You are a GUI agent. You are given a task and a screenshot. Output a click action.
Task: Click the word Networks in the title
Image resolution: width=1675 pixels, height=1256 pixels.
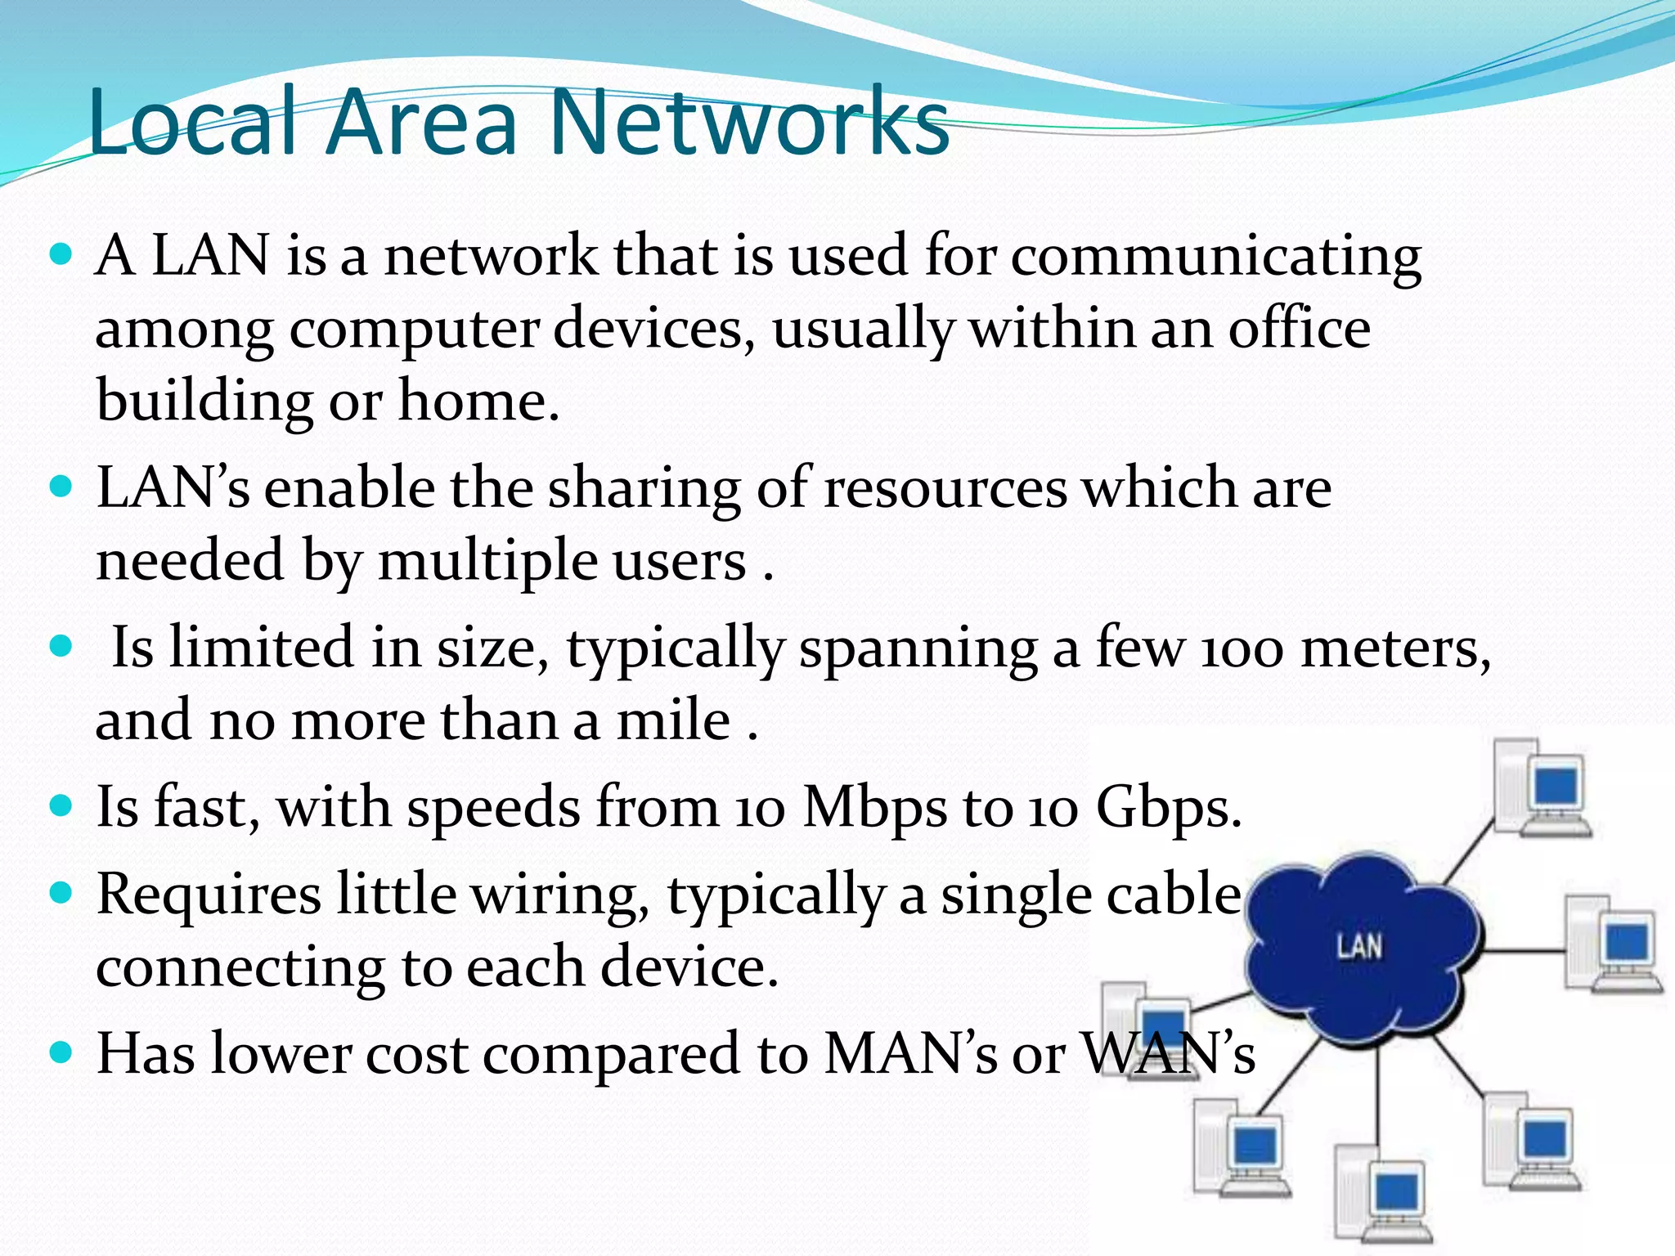click(x=749, y=123)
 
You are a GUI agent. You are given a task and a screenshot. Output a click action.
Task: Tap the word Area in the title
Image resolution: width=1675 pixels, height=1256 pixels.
click(x=422, y=123)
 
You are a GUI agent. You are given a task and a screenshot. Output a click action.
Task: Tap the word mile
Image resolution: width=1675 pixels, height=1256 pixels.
click(x=673, y=721)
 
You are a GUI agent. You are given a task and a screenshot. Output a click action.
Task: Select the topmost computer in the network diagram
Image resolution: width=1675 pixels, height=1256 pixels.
click(x=1542, y=788)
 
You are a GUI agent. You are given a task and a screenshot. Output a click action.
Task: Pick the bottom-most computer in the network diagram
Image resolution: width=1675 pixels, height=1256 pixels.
click(x=1382, y=1199)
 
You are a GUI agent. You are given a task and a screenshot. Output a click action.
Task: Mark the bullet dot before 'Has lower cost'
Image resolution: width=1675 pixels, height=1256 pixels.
click(x=61, y=1052)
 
